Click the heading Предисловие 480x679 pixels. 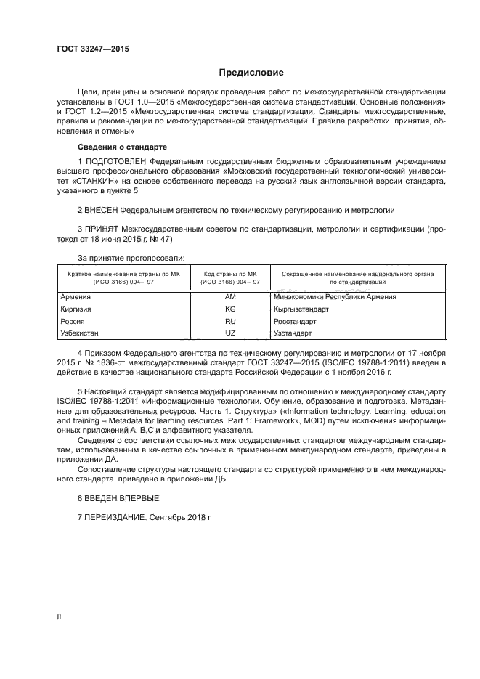point(251,73)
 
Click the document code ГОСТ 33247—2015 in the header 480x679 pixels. point(93,49)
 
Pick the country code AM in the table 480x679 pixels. point(230,297)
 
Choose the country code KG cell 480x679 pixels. point(230,309)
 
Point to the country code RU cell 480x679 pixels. point(230,321)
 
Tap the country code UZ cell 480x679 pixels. point(230,333)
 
